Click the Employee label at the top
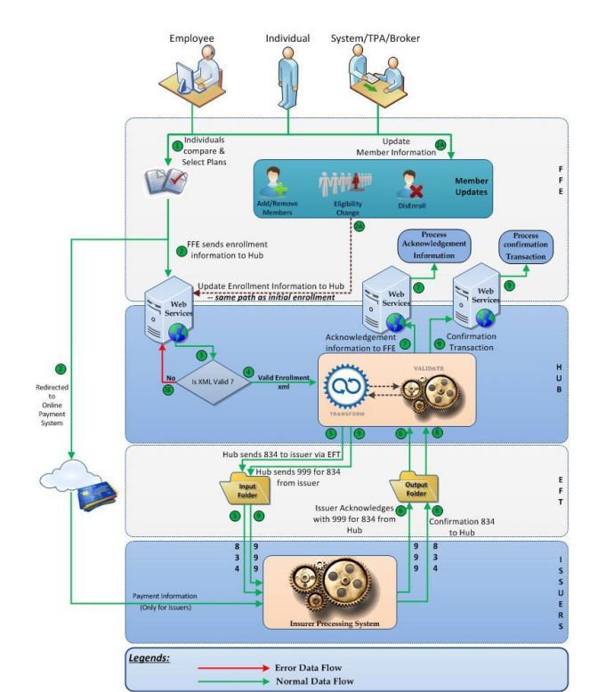pyautogui.click(x=192, y=38)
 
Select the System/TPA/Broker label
pyautogui.click(x=376, y=38)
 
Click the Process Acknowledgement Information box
pyautogui.click(x=434, y=245)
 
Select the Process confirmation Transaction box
pyautogui.click(x=526, y=246)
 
